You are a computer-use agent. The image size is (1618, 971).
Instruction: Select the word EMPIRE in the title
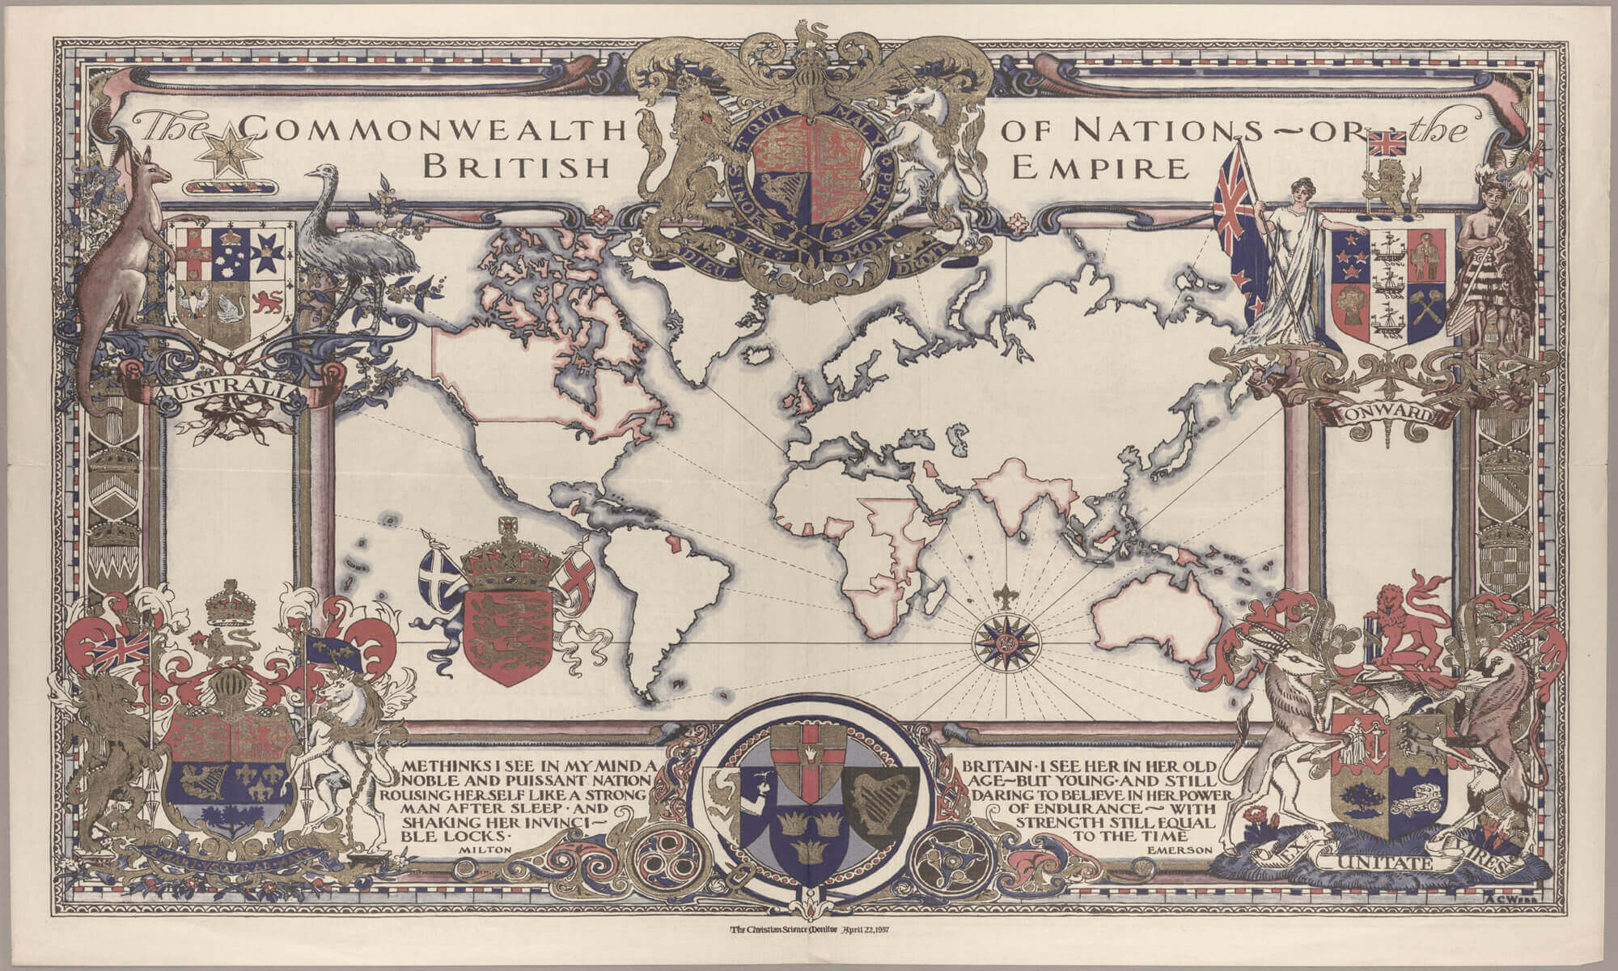pos(1101,167)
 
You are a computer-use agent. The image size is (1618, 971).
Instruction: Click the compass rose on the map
pos(1006,643)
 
